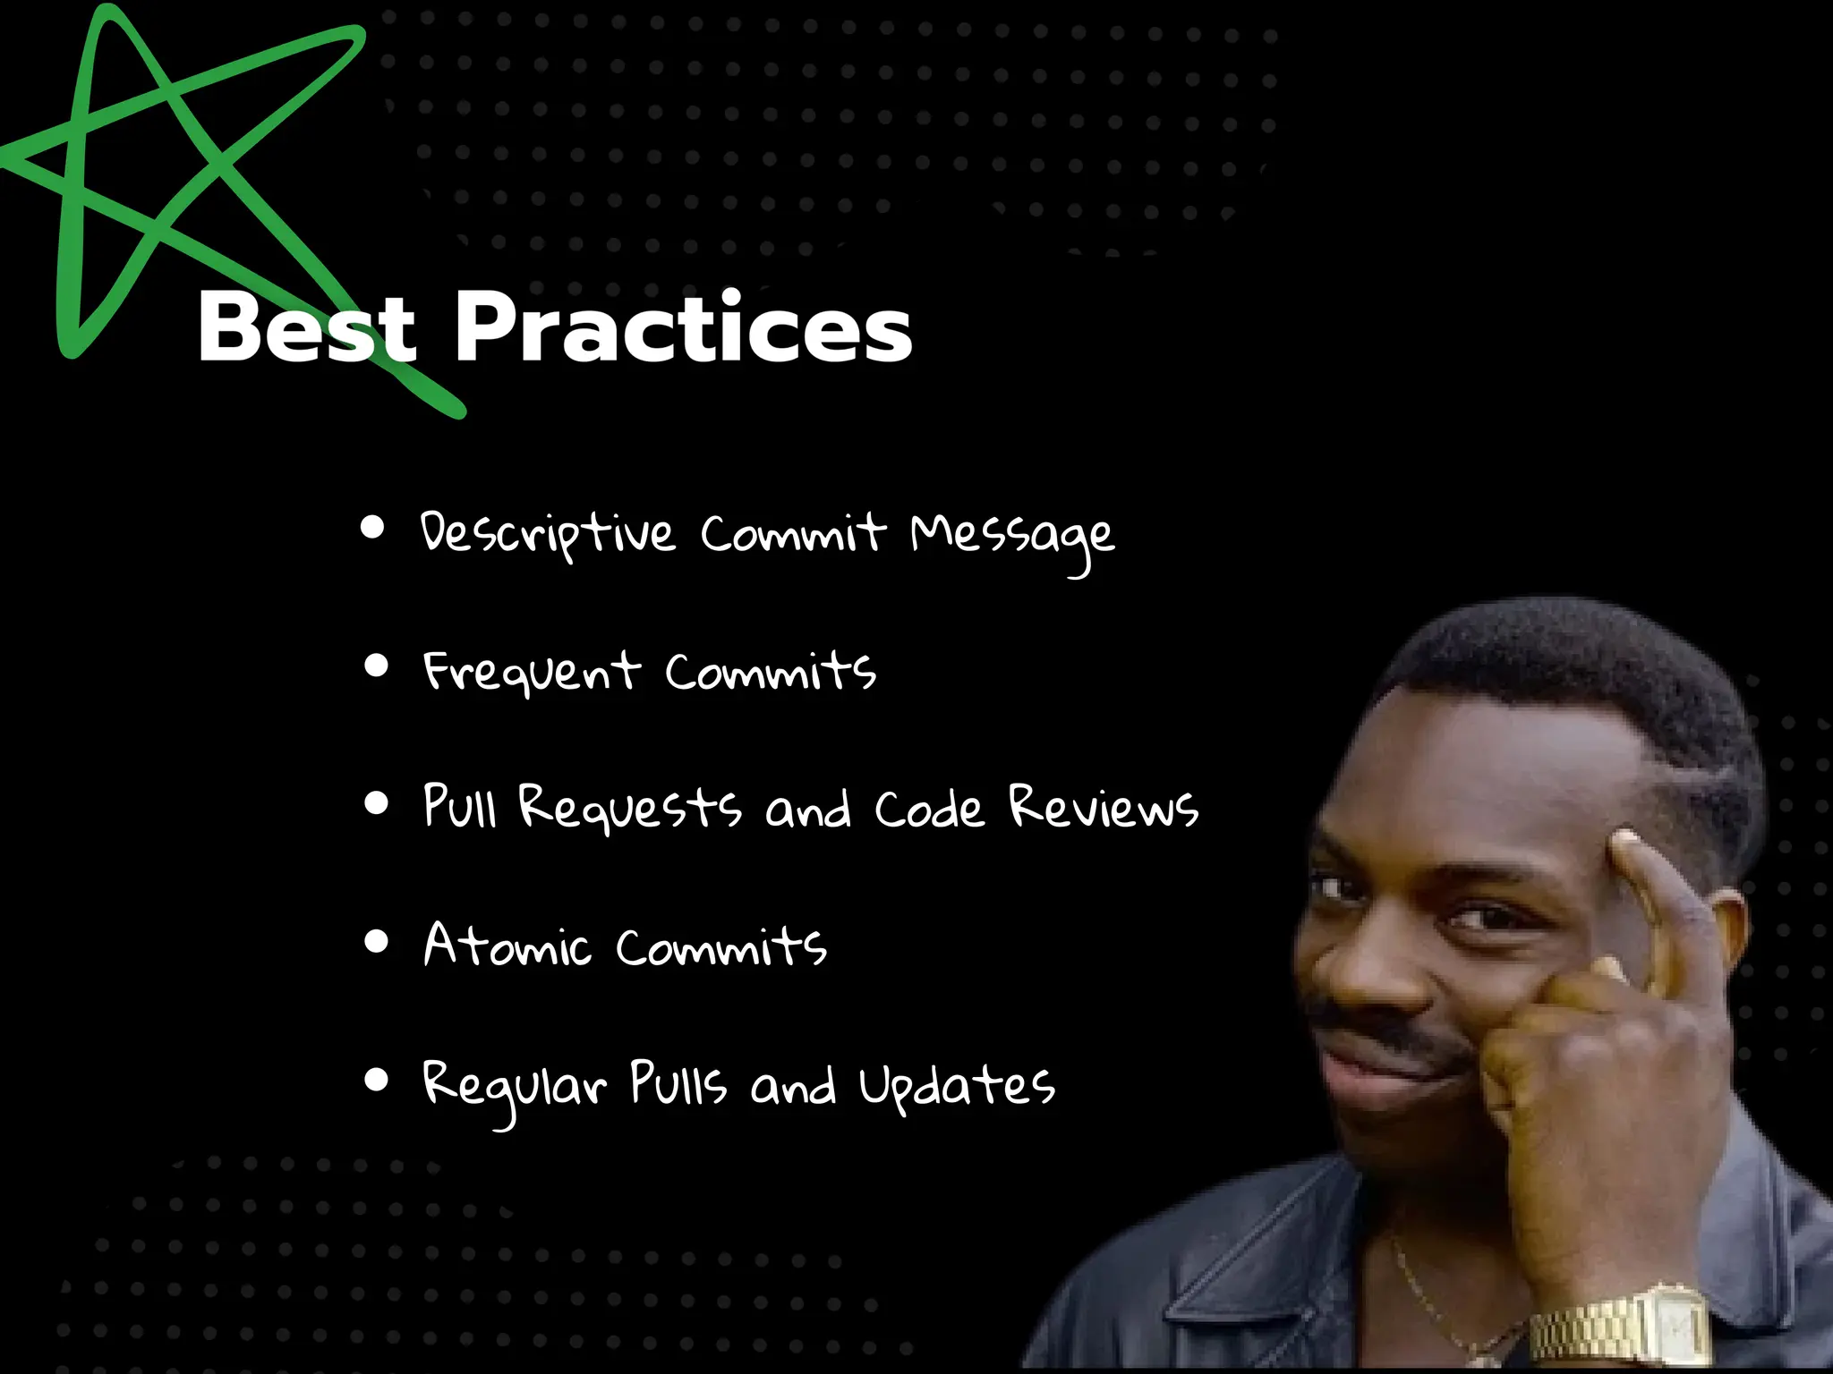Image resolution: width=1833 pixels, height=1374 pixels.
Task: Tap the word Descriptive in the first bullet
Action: [547, 534]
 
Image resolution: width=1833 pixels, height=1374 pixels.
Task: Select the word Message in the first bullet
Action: [1012, 537]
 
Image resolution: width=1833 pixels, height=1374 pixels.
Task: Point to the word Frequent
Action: [532, 672]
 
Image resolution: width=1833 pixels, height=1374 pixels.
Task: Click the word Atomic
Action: [507, 946]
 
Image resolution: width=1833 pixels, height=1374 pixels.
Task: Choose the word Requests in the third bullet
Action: [630, 808]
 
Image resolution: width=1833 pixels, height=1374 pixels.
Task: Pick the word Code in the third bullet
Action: [929, 810]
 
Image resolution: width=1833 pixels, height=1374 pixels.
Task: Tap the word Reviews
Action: [1103, 808]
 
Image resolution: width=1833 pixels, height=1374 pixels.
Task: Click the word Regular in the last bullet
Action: [514, 1087]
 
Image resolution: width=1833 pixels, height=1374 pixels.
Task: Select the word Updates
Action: [957, 1087]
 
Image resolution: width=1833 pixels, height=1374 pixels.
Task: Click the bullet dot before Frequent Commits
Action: [377, 666]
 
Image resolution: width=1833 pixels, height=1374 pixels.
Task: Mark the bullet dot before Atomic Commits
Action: [377, 941]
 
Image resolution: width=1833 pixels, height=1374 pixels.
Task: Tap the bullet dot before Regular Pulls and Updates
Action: [377, 1080]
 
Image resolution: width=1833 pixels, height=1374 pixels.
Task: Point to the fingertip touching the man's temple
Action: [1624, 845]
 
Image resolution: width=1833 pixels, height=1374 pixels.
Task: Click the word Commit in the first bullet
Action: [792, 534]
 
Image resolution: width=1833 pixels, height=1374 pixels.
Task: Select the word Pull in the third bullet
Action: [459, 806]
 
